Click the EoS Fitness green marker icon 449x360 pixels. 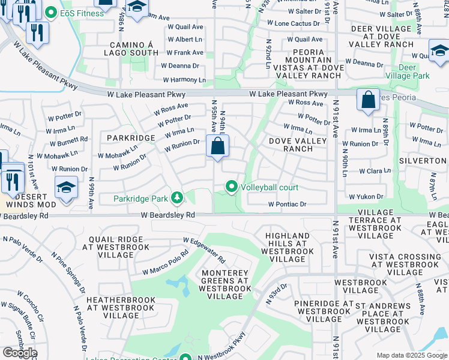coord(51,13)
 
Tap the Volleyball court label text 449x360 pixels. coord(270,187)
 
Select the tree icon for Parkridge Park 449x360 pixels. coord(177,197)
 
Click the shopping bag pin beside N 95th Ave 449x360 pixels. coord(217,146)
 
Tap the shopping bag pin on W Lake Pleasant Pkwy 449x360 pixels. coord(367,100)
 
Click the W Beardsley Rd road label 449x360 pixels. coord(169,214)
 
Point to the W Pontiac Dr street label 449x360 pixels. coord(288,205)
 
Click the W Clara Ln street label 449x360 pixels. coord(375,171)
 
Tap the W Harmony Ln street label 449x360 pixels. coord(184,80)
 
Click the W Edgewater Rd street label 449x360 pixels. coord(205,250)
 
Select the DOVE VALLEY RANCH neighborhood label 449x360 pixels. coord(298,145)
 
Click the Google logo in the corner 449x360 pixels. coord(20,353)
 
